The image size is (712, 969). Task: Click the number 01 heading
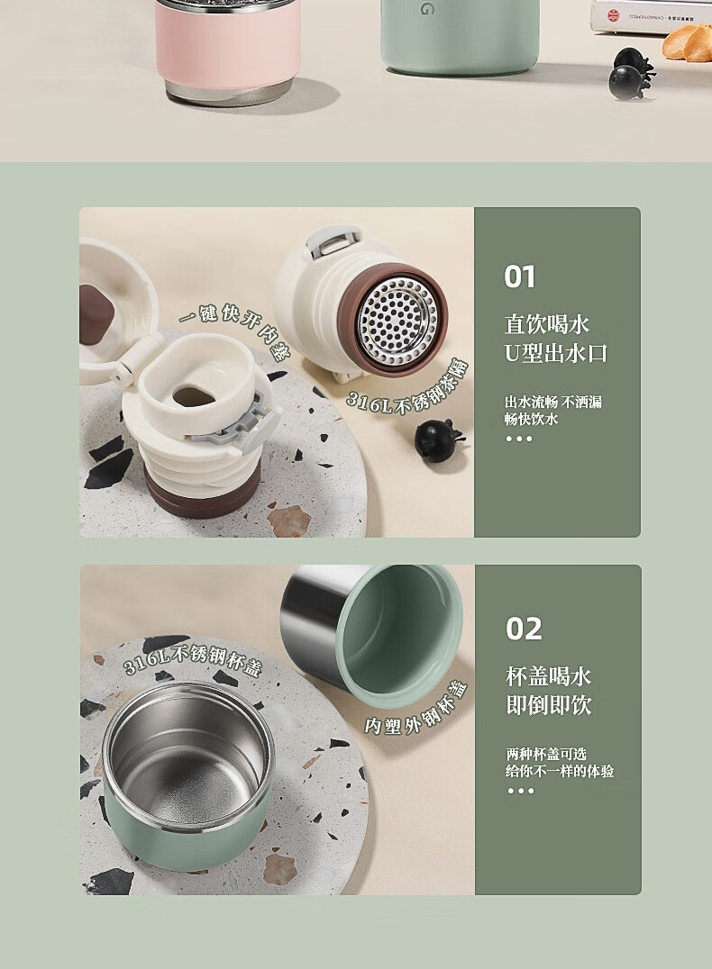(520, 276)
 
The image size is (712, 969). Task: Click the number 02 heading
(524, 629)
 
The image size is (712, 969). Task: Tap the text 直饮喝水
(547, 324)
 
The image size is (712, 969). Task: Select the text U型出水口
(556, 354)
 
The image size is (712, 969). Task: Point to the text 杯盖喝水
(549, 676)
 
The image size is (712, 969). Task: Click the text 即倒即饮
(549, 705)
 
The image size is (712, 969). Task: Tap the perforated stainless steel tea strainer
(397, 321)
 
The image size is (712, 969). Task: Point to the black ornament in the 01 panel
(438, 439)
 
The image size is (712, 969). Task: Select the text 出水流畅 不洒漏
(553, 403)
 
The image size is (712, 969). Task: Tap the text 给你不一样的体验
(560, 771)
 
